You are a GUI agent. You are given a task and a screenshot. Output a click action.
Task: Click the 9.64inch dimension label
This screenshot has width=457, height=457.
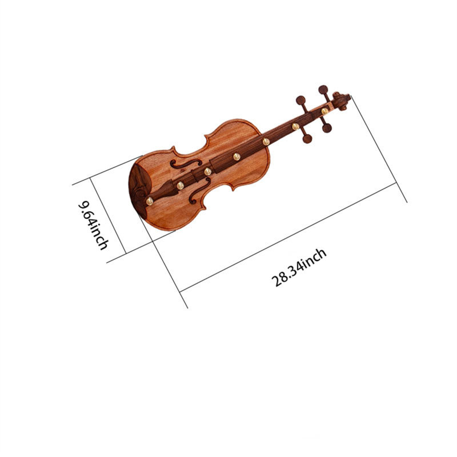tap(93, 225)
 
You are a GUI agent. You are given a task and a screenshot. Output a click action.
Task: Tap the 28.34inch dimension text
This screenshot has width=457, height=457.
tap(299, 267)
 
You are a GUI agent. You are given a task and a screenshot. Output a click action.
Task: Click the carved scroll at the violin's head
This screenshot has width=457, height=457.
tap(341, 101)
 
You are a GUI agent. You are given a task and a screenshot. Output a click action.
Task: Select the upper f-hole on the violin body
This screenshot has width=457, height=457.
tap(186, 164)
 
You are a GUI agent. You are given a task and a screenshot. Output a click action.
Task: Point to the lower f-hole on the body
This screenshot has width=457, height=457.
tap(200, 191)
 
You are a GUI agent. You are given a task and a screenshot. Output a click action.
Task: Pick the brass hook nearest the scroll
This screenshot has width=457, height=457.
tap(324, 111)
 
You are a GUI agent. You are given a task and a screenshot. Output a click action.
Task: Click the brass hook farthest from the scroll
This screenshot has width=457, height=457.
tap(150, 201)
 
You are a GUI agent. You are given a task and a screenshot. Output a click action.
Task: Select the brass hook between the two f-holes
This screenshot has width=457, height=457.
tap(207, 171)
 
